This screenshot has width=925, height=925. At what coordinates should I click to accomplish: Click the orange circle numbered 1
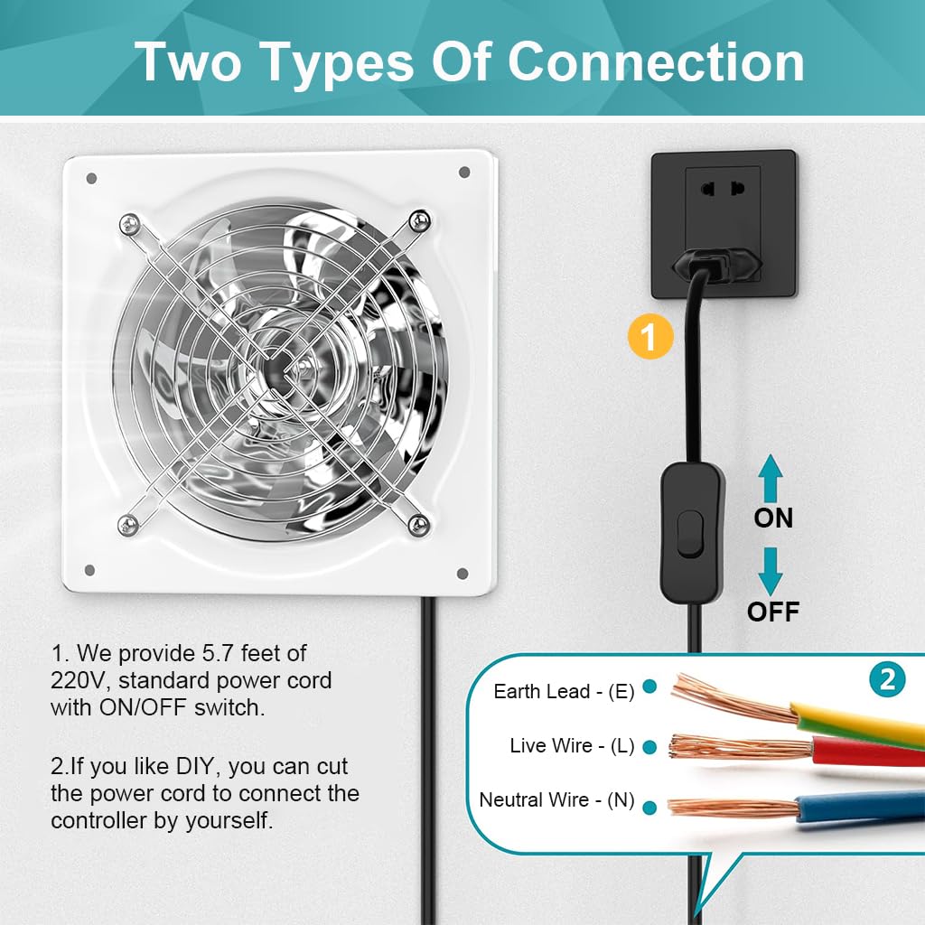[x=650, y=337]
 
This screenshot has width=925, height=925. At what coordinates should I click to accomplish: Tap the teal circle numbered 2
[x=887, y=680]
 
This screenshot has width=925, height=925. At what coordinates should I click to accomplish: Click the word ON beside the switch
[x=773, y=518]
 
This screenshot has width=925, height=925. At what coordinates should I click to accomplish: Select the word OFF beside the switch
[x=773, y=612]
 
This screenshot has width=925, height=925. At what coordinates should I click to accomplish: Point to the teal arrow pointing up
[x=771, y=478]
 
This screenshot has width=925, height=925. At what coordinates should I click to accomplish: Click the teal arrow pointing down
[x=771, y=571]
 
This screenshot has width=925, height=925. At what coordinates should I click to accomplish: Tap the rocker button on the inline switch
[x=689, y=535]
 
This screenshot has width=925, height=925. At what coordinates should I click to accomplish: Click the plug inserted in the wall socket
[x=715, y=264]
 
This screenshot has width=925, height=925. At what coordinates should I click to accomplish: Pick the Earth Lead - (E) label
[x=564, y=691]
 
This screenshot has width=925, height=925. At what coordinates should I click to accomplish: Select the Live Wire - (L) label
[x=572, y=745]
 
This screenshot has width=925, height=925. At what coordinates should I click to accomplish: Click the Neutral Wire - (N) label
[x=556, y=800]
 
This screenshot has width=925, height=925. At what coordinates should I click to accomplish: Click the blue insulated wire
[x=860, y=807]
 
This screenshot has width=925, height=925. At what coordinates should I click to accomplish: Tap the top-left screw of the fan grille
[x=129, y=224]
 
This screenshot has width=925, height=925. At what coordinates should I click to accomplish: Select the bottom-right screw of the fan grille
[x=418, y=524]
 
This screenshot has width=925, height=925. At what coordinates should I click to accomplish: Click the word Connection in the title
[x=656, y=62]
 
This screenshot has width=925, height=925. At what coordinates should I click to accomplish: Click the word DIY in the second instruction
[x=198, y=766]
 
